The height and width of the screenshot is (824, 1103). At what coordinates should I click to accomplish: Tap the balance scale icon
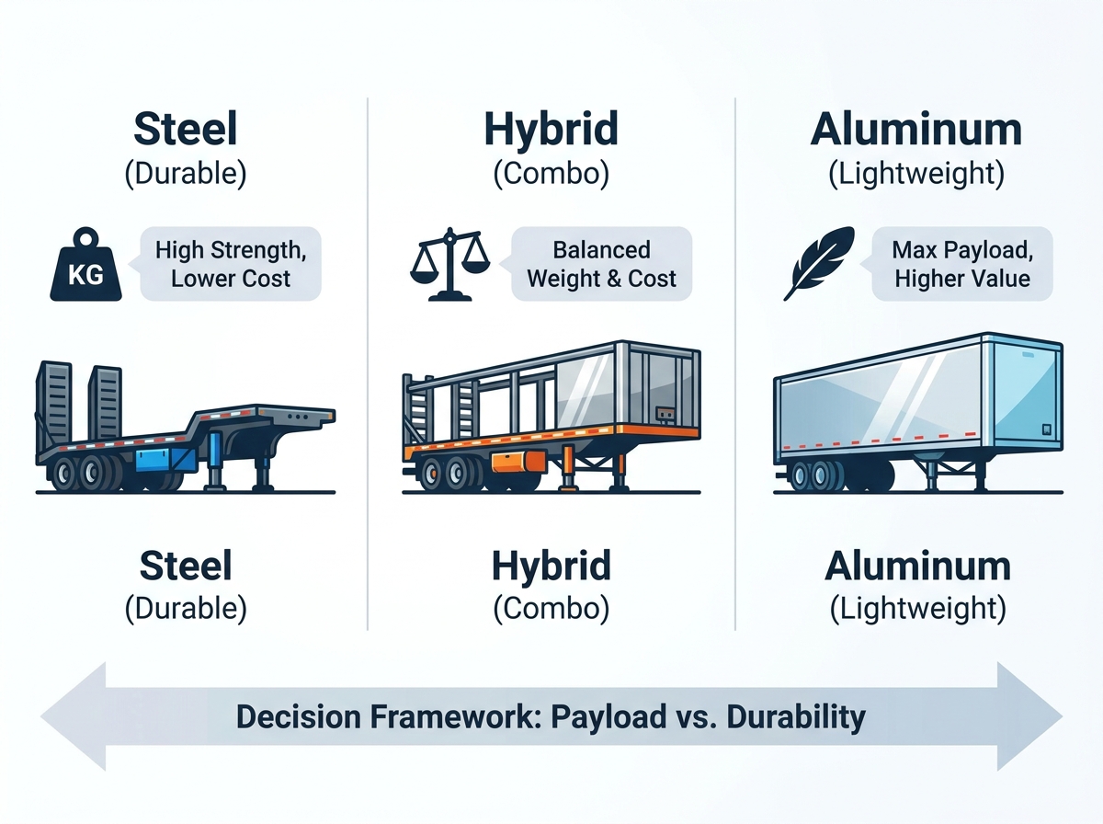coord(449,265)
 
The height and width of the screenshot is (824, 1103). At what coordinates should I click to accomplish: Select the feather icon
coord(819,263)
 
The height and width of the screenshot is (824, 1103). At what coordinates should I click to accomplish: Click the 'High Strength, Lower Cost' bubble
coord(230,264)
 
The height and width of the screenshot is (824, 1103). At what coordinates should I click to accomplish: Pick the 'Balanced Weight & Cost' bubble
coord(601,264)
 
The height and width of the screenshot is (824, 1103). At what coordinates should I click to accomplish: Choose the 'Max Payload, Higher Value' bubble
coord(961,264)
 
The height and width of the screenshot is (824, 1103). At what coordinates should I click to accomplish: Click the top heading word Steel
coord(186,129)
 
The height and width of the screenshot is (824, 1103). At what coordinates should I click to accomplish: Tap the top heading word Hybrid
coord(551,130)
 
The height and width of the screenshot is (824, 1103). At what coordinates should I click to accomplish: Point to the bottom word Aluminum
coord(917,566)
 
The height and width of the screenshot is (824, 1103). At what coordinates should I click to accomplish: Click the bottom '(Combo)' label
coord(551,608)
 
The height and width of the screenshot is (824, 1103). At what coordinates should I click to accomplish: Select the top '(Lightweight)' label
coord(916,174)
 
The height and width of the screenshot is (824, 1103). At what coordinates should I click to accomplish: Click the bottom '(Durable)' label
coord(186,608)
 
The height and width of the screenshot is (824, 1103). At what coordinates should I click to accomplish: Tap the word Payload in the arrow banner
coord(608,717)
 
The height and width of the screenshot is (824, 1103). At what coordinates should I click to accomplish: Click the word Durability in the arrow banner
coord(796,717)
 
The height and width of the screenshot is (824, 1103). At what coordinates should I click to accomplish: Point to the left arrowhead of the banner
coord(74,716)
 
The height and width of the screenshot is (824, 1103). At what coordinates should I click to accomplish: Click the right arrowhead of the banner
coord(1029,716)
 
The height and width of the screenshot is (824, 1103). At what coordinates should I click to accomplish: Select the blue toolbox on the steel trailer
coord(165,461)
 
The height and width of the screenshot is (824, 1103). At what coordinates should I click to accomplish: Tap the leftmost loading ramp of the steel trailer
coord(53,402)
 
